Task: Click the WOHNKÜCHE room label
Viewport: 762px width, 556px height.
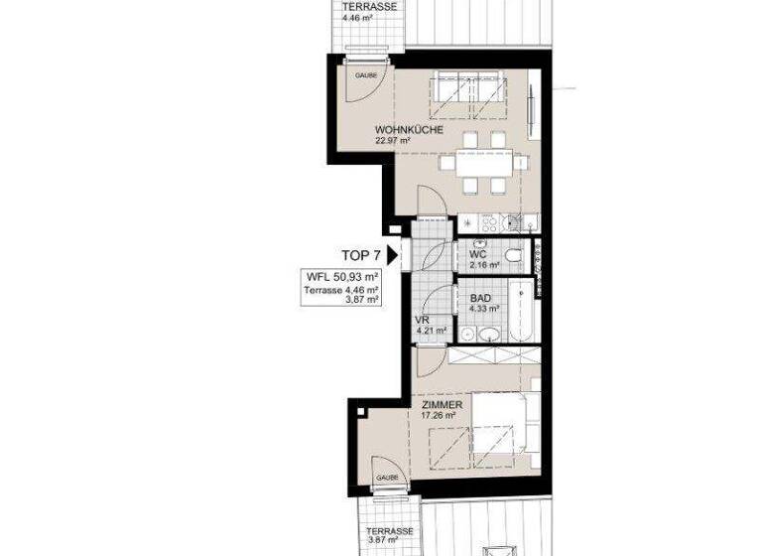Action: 402,130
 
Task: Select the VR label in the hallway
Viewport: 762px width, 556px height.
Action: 420,320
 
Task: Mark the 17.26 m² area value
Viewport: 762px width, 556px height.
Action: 438,417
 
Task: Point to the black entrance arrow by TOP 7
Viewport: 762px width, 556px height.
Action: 393,255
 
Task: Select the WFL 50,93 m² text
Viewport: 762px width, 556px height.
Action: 342,277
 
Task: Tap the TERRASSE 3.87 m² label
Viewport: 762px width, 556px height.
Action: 388,536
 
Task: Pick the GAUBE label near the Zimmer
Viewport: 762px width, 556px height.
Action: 387,479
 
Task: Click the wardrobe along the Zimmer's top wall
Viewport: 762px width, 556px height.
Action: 493,356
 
